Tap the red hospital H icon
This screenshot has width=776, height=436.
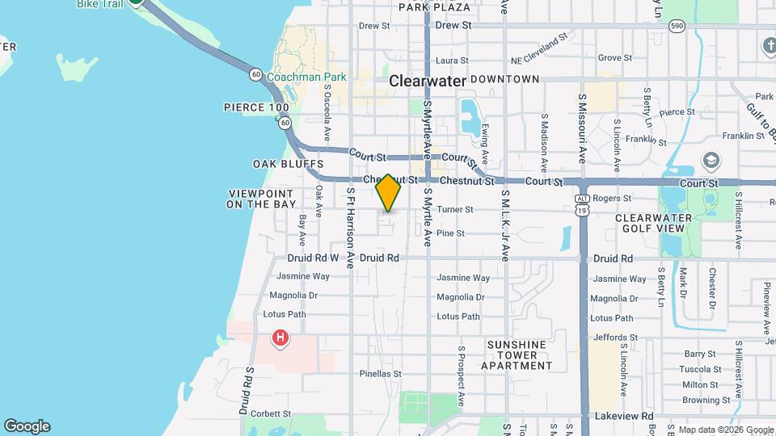280,337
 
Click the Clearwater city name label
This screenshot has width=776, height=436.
428,81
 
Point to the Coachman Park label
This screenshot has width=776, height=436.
306,77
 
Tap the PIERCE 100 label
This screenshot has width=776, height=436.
256,107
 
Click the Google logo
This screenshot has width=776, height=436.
27,426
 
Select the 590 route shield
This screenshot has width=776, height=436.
677,26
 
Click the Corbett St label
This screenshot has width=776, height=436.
271,413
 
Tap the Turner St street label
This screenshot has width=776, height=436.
454,209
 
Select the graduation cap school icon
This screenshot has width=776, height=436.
711,159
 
